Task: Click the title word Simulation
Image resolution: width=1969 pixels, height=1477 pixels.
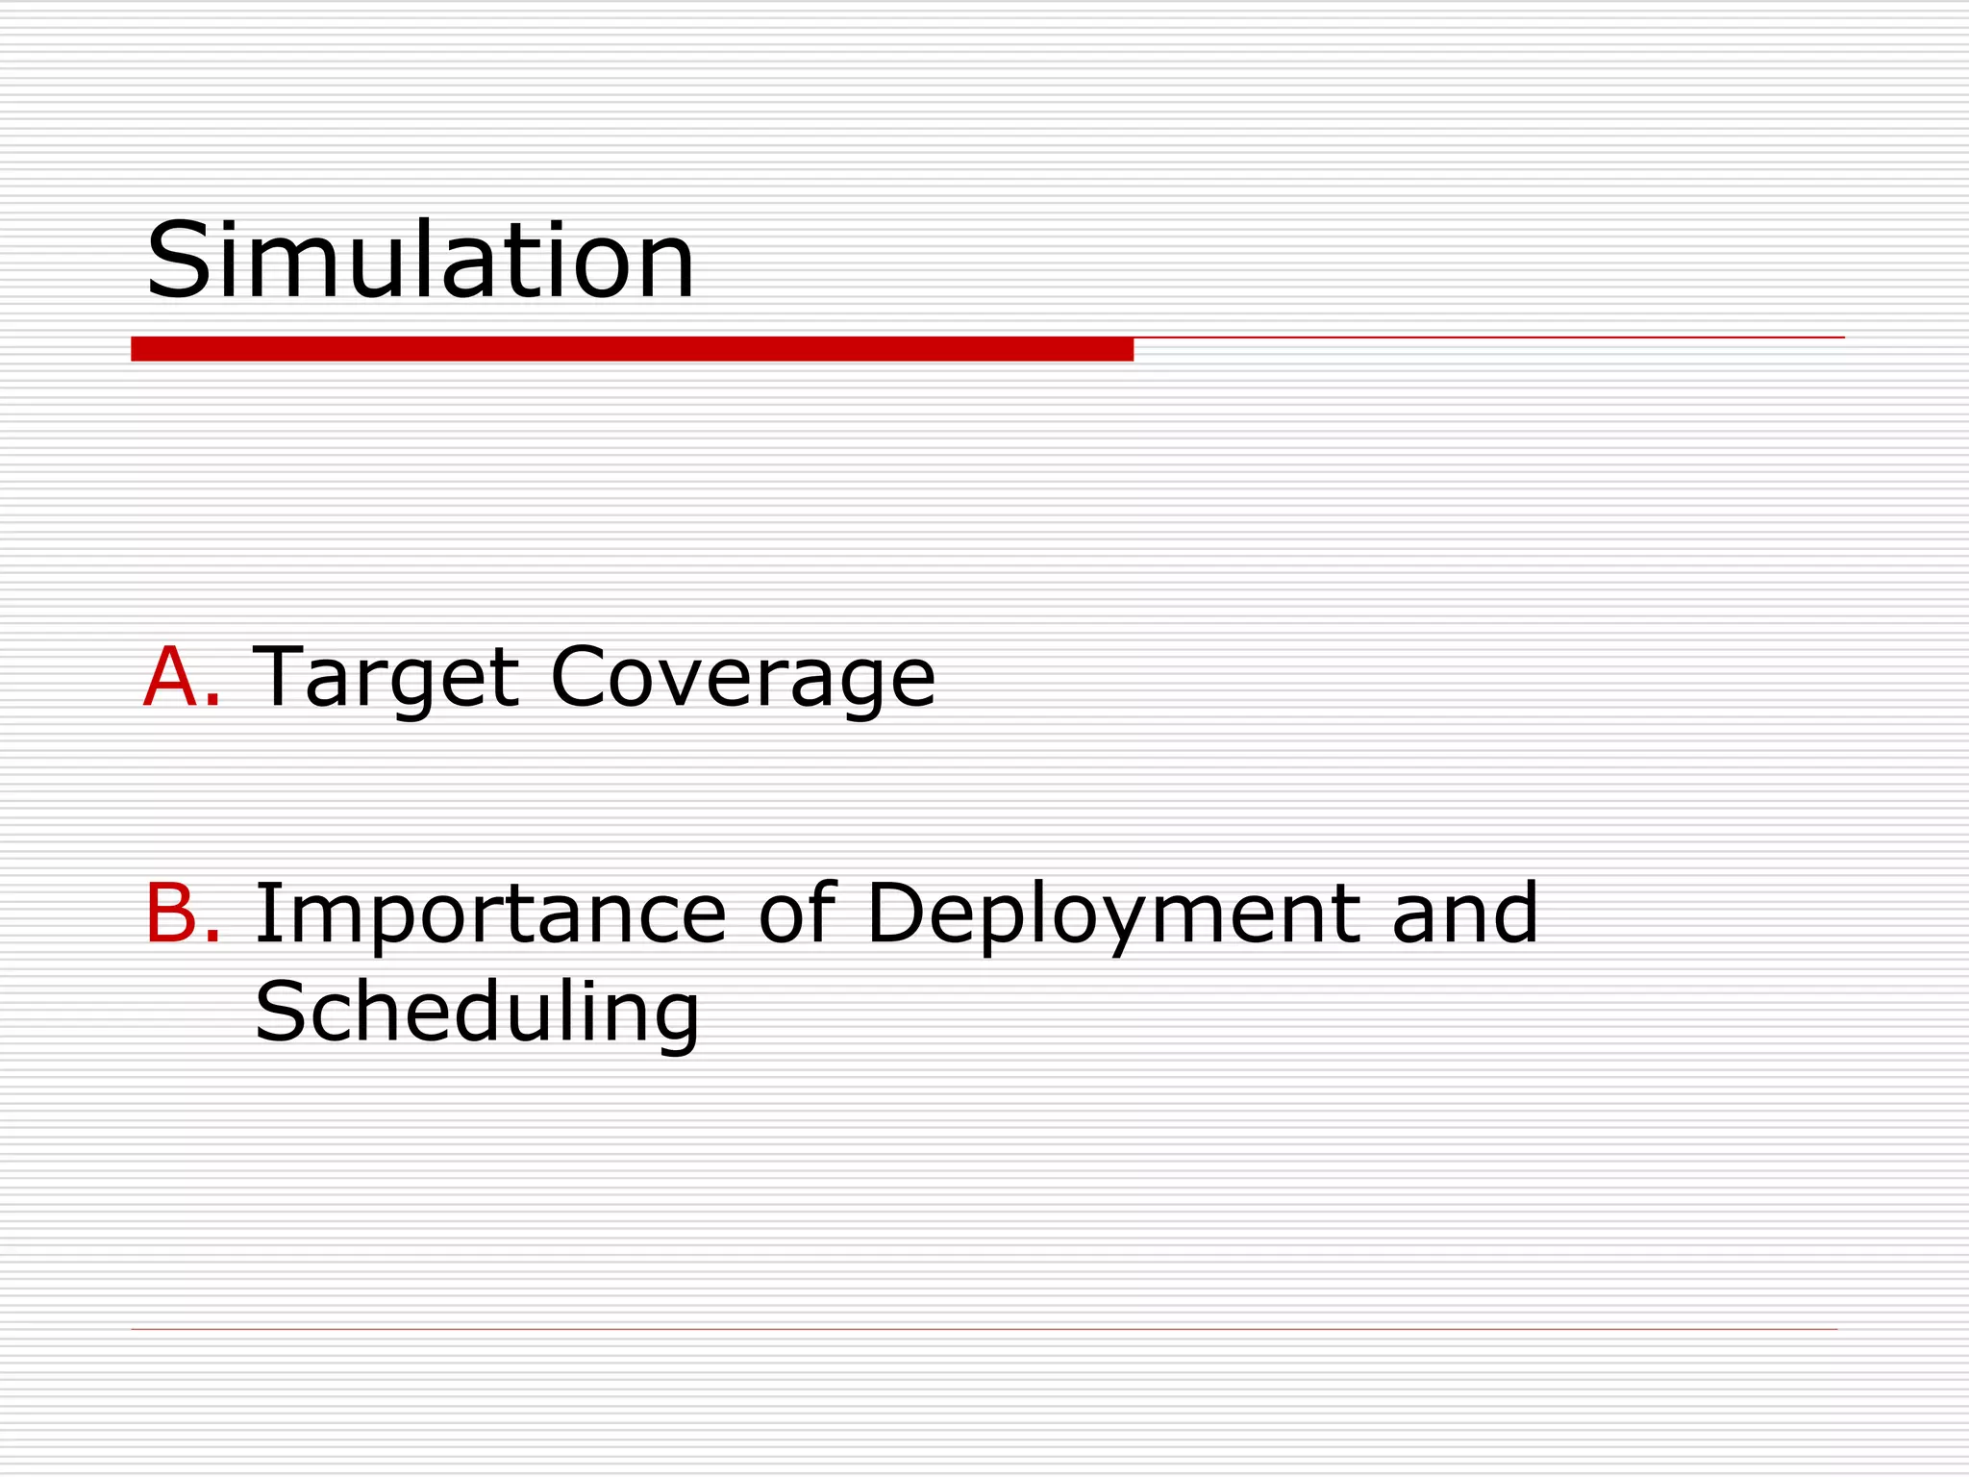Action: tap(419, 261)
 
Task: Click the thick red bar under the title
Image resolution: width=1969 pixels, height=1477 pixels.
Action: tap(632, 349)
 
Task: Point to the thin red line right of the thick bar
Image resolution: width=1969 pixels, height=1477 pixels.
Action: tap(1488, 338)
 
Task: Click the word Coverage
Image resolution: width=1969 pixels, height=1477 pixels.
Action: tap(742, 679)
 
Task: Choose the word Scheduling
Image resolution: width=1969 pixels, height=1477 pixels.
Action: tap(477, 1014)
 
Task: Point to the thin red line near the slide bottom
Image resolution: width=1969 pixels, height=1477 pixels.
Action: tap(984, 1329)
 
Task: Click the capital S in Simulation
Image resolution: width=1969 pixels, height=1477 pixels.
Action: tap(175, 261)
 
